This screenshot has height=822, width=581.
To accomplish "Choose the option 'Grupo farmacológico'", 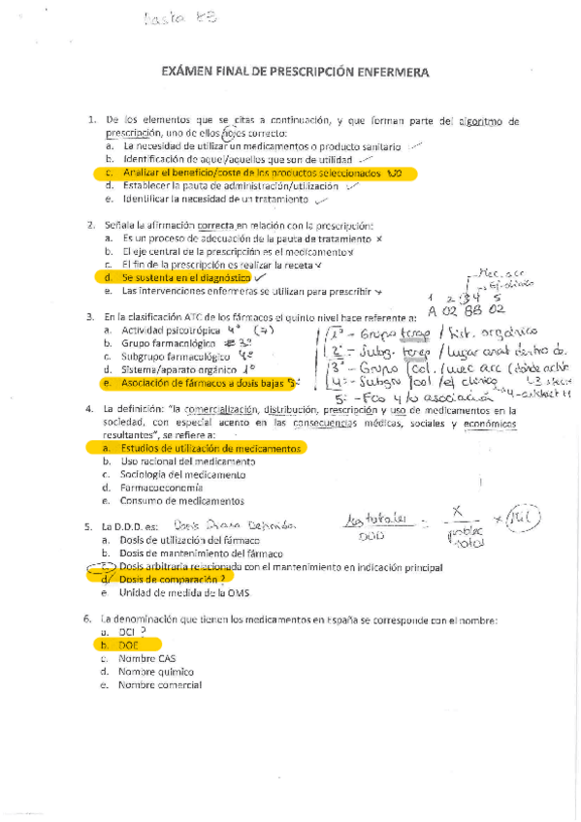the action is (x=170, y=343).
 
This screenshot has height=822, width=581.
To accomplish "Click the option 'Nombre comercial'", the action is (x=159, y=684).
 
